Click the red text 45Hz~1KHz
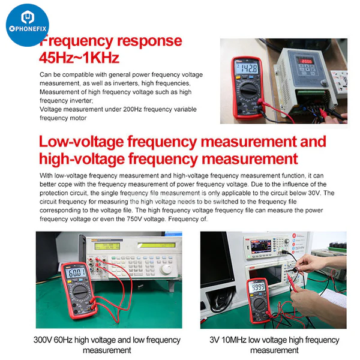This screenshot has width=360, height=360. coord(79,58)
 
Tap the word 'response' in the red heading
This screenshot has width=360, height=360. coord(146,41)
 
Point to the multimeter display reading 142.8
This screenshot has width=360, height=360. coord(247,68)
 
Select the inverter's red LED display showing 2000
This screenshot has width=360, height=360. coord(307,61)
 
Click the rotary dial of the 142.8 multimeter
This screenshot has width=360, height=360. coord(247,92)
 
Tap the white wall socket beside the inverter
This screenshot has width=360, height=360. coord(339,80)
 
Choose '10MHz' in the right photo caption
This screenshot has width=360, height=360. coord(245,340)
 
